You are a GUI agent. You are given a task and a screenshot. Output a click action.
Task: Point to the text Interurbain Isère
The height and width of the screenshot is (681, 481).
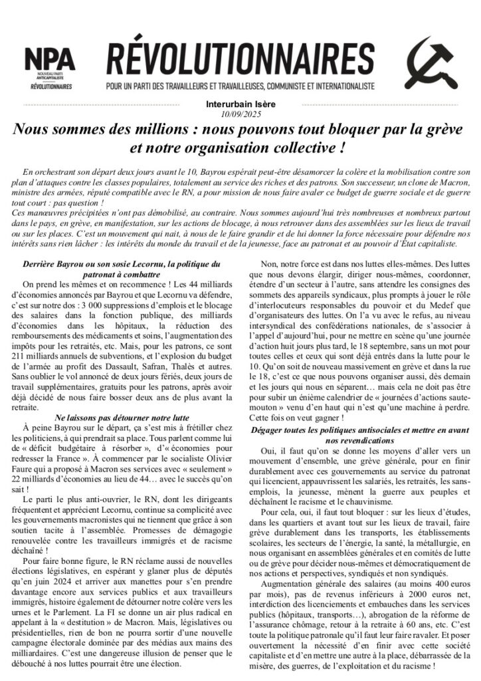[x=241, y=104]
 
